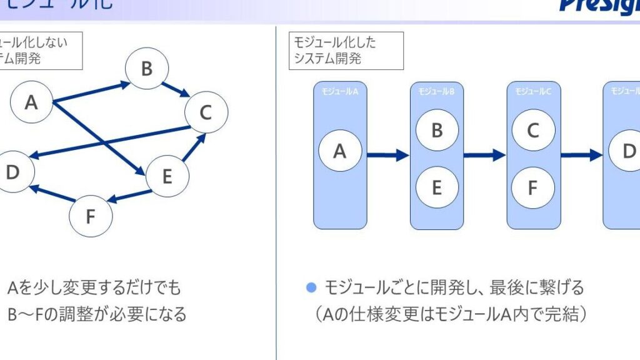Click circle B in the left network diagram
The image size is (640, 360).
(147, 69)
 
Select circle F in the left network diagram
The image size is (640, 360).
(91, 216)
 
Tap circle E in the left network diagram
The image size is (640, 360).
(167, 176)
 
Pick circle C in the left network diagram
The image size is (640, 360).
(206, 112)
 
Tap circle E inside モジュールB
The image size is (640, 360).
(437, 187)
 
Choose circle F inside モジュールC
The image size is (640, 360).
(532, 187)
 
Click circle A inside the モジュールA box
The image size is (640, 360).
(339, 151)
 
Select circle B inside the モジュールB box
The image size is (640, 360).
(437, 130)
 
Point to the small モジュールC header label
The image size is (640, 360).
(532, 91)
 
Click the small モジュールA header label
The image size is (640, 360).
(339, 91)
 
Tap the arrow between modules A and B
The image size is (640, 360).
(387, 155)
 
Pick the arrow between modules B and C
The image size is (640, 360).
(484, 155)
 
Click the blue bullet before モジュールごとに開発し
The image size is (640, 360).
(311, 287)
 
